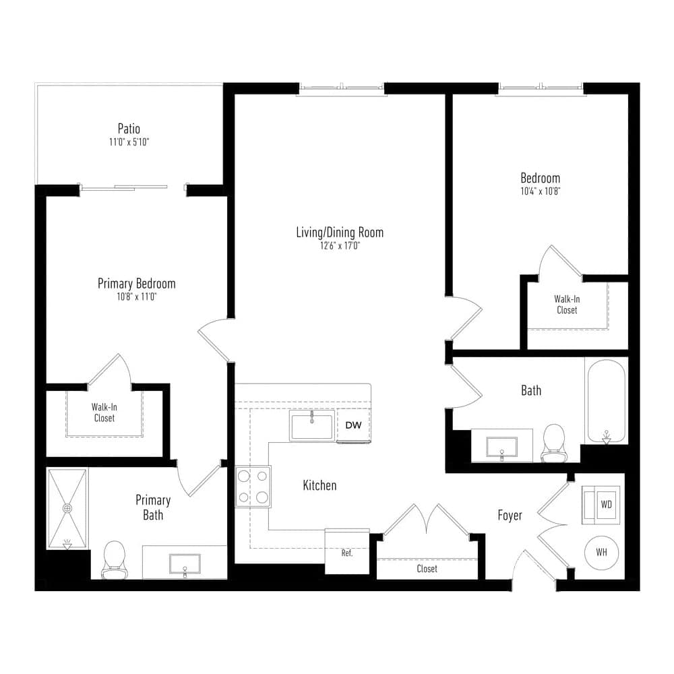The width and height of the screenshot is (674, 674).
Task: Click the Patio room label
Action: coord(129,129)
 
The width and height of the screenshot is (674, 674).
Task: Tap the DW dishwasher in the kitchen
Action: coord(353,425)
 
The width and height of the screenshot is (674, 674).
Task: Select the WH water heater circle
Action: coord(601,553)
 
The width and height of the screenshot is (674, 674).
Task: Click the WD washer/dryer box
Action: coord(601,505)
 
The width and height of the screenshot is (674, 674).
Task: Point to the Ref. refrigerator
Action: coord(347,551)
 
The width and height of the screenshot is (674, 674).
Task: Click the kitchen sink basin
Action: coord(312,425)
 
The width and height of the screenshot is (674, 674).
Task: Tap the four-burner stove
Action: coord(253,486)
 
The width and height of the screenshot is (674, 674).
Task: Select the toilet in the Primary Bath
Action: coord(115,559)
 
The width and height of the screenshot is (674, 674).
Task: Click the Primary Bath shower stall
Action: coord(67,509)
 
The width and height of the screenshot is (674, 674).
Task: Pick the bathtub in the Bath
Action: coord(606,401)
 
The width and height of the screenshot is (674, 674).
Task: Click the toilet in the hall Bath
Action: coord(553,443)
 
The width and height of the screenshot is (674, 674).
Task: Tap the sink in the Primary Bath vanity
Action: coord(185,564)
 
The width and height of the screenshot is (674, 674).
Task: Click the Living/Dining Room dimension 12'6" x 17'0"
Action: coord(340,246)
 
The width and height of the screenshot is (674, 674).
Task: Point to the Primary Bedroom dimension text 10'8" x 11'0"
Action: coord(137,297)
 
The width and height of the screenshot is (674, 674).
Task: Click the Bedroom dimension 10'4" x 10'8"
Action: coord(541,191)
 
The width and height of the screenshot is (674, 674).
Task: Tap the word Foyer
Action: coord(510,515)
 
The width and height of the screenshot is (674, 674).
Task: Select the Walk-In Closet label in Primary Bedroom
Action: coord(104,412)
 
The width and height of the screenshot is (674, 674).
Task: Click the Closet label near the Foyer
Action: coord(427,569)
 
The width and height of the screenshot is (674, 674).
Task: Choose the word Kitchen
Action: coord(319,485)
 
